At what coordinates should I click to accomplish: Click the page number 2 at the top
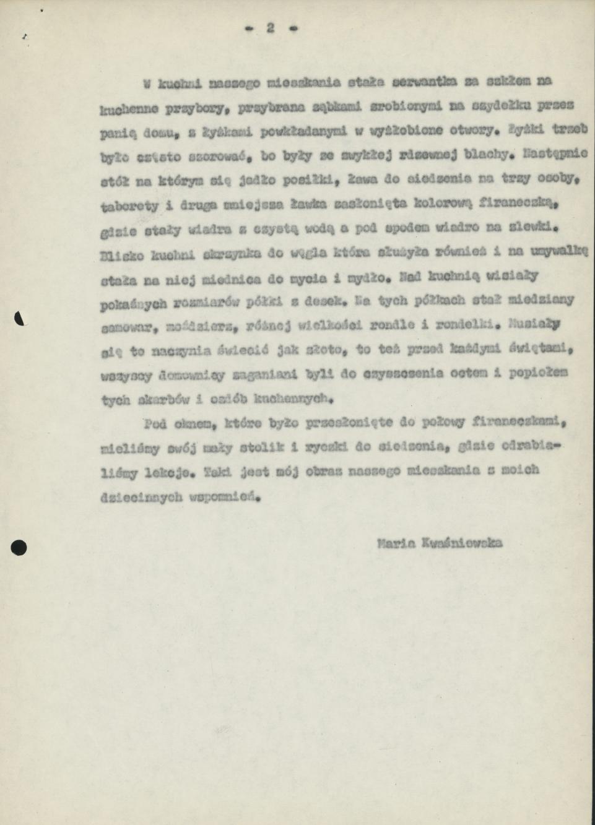[271, 28]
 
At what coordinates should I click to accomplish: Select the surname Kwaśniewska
[461, 544]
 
